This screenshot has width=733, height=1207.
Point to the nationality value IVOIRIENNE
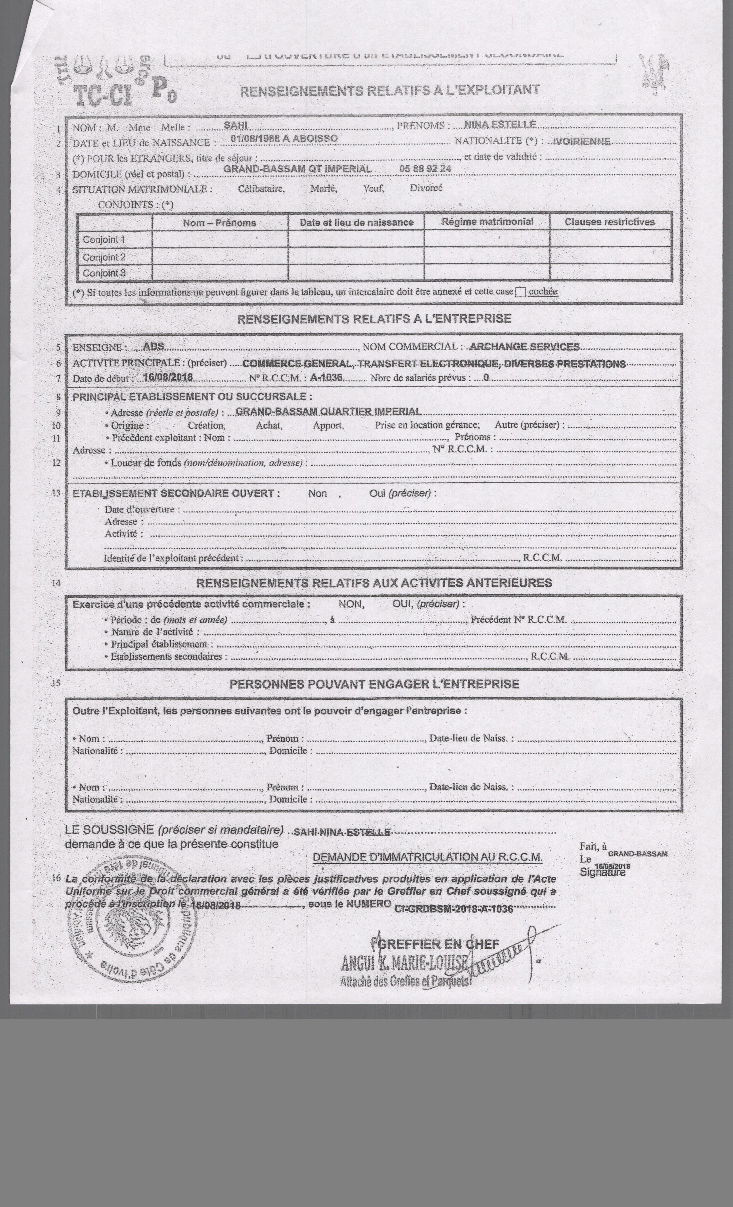click(x=582, y=142)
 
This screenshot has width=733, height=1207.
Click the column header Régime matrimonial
click(x=487, y=221)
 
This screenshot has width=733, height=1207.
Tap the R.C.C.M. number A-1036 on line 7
click(x=326, y=378)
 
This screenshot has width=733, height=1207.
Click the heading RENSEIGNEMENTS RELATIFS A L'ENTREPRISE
click(x=374, y=319)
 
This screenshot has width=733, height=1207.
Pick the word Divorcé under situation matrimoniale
click(x=426, y=188)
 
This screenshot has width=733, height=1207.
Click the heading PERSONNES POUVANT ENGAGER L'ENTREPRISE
click(x=374, y=684)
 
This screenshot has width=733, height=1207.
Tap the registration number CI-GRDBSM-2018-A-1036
click(x=454, y=909)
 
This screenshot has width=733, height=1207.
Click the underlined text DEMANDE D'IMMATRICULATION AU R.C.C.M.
click(x=427, y=857)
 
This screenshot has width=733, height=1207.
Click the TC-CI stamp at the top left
click(x=103, y=95)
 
